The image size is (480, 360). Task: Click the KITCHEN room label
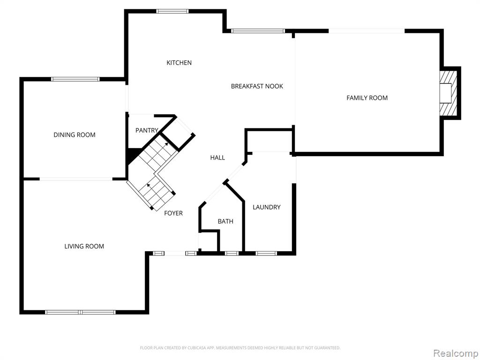(x=179, y=63)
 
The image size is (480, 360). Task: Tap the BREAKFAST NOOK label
(x=257, y=86)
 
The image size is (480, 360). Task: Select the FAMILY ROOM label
(x=367, y=98)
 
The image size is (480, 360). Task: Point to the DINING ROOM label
(x=75, y=135)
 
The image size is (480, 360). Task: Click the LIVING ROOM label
(x=84, y=246)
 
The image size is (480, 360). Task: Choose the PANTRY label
(x=147, y=130)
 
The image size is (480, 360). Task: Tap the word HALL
(x=217, y=157)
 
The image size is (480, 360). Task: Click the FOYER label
(x=173, y=213)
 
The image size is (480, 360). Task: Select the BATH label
(x=225, y=221)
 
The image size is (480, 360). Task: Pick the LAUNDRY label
(x=267, y=207)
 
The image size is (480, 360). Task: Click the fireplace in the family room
(x=448, y=93)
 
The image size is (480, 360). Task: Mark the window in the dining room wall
(x=75, y=79)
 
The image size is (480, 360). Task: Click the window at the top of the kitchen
(x=172, y=11)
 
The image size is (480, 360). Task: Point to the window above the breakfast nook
(x=258, y=30)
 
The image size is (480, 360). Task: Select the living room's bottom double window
(x=80, y=312)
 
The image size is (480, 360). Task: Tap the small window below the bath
(x=232, y=253)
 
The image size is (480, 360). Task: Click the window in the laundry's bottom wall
(x=266, y=253)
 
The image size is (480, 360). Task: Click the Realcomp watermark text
(x=455, y=353)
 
